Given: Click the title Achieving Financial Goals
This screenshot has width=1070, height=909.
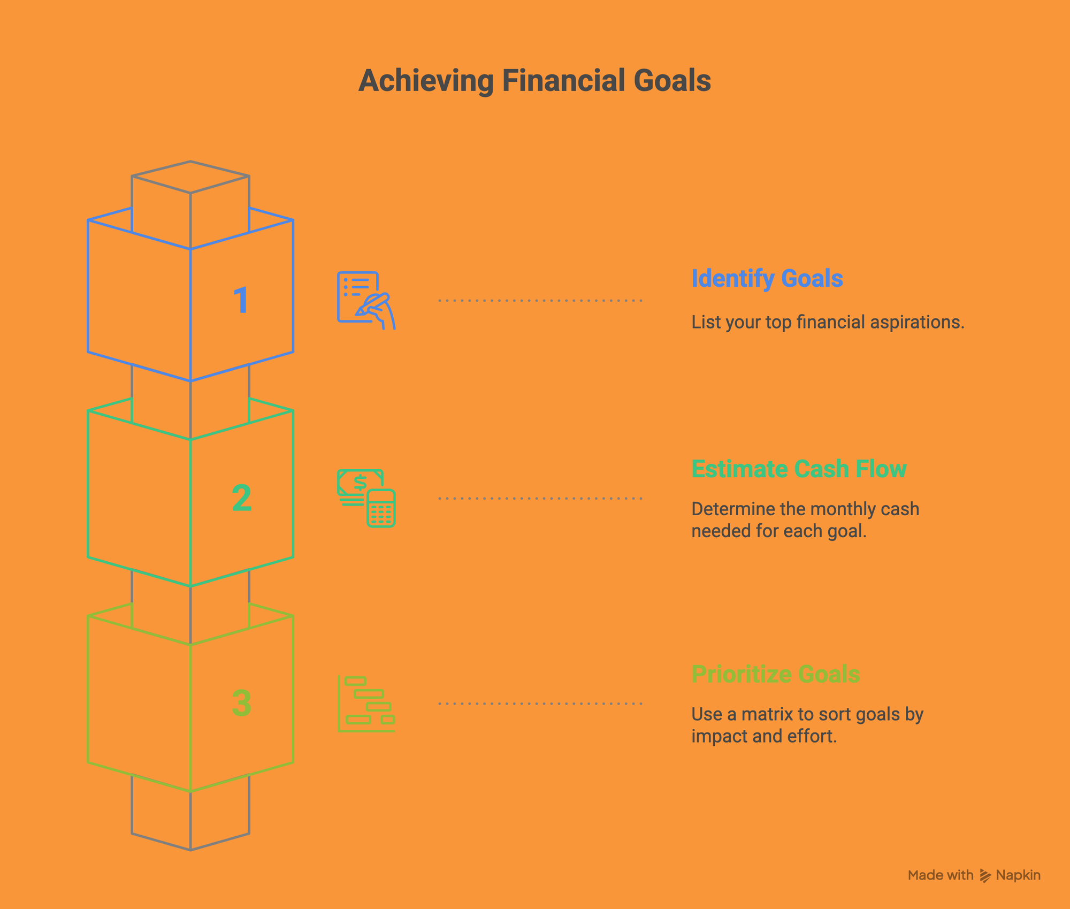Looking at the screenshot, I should (534, 81).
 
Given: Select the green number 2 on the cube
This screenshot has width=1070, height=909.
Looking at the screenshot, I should (242, 498).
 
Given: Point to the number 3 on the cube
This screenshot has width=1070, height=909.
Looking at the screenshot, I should (242, 703).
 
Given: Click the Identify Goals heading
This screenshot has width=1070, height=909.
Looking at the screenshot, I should (767, 279).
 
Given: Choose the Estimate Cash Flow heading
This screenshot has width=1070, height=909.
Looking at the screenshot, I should (799, 469).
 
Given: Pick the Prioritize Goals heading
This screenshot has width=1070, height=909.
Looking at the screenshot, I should (775, 674).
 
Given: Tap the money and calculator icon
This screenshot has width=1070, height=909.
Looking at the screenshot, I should (366, 498).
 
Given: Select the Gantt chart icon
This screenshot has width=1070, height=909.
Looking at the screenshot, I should (366, 704).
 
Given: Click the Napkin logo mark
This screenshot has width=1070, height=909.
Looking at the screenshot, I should (985, 875).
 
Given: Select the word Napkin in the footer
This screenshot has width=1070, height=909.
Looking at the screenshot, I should (1018, 875).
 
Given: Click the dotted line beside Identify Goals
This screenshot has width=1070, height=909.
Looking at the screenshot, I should (540, 301).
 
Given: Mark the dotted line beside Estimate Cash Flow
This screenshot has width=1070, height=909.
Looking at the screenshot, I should (540, 498).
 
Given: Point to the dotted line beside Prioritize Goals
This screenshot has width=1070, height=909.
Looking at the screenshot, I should (540, 704).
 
